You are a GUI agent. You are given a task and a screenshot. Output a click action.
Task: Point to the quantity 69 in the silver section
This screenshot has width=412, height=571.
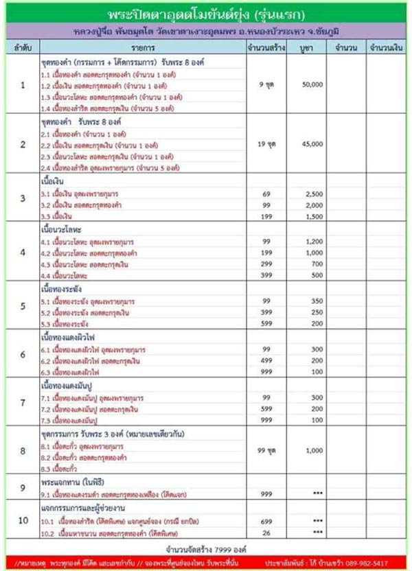click(x=268, y=196)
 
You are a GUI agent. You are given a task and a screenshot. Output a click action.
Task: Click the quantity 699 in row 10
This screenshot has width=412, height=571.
click(x=268, y=521)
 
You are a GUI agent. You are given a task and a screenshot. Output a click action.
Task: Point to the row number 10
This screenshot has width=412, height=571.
click(x=23, y=520)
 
